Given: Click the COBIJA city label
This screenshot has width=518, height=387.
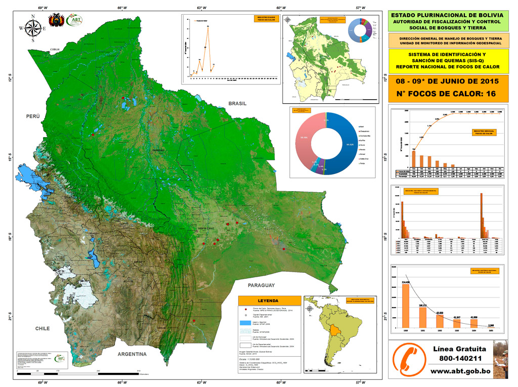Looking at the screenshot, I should [55, 49].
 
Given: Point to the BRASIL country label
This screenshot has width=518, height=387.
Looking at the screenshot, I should [237, 103].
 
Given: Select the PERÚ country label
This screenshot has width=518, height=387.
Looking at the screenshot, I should [33, 116].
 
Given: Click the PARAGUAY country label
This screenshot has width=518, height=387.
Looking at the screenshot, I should [262, 286].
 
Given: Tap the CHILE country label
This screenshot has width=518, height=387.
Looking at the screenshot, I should [42, 328].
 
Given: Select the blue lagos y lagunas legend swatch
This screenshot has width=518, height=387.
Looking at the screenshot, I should [245, 323].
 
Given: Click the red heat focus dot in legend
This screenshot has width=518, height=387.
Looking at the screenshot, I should [245, 309].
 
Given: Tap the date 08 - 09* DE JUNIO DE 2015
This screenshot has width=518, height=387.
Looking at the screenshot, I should [447, 81].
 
